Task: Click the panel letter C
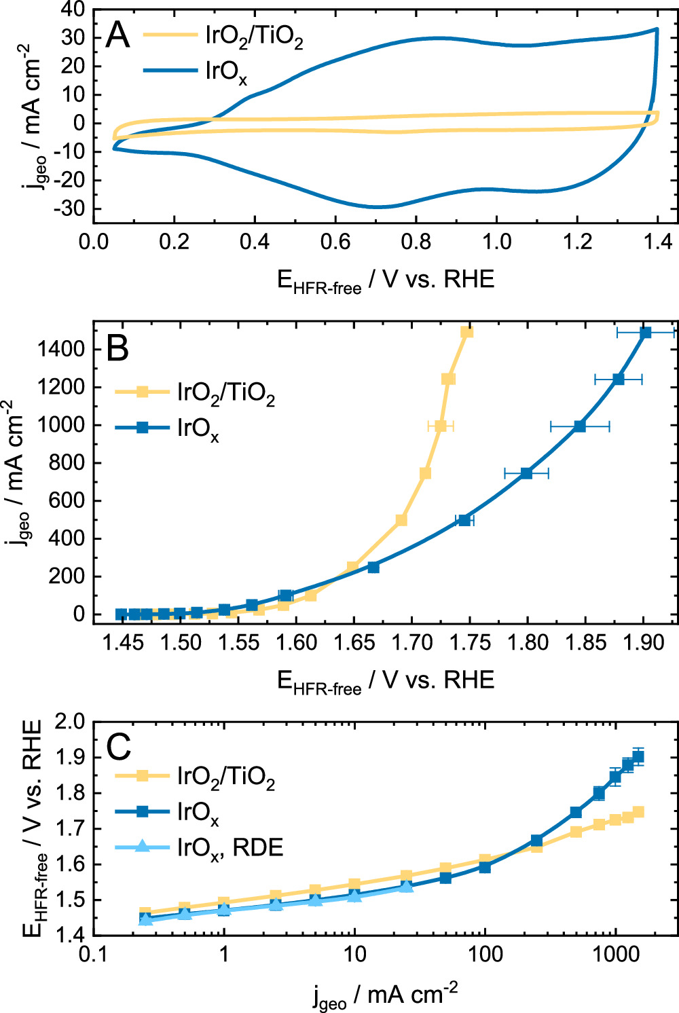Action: (119, 748)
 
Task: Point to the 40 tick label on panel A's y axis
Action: (71, 10)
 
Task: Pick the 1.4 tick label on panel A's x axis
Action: (657, 242)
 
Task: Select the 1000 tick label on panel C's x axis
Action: (615, 955)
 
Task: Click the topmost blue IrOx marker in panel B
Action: (645, 333)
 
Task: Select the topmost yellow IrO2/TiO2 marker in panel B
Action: (467, 332)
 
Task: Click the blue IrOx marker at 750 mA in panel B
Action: (526, 473)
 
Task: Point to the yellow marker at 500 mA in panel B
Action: (401, 520)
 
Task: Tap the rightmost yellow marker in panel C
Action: (638, 812)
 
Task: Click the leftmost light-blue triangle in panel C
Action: (145, 919)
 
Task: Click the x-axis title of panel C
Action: (385, 995)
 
